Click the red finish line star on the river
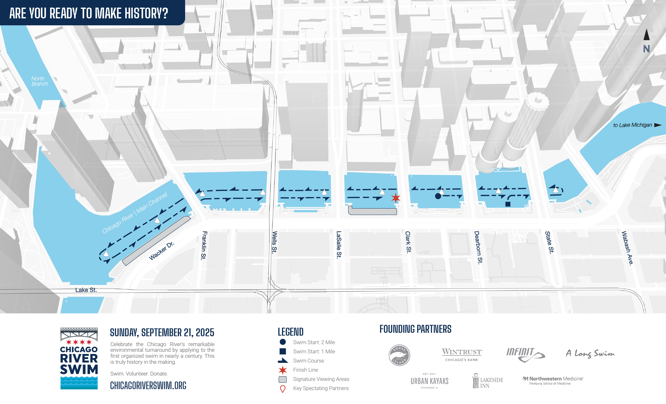[x=395, y=198]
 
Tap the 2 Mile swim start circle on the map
[x=438, y=196]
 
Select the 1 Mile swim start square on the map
[x=508, y=204]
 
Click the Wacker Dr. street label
[x=161, y=251]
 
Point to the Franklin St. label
[x=204, y=245]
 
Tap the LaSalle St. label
[x=339, y=244]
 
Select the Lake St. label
[x=86, y=290]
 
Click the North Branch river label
[x=40, y=81]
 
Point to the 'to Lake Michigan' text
[x=632, y=125]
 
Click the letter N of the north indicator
[x=646, y=49]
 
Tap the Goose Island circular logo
[x=399, y=355]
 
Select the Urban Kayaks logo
[x=430, y=381]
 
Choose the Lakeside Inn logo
[x=488, y=381]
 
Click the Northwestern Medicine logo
[x=553, y=380]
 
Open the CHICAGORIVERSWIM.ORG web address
[x=148, y=386]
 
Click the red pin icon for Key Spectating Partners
[x=283, y=389]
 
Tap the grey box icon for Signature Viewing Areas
[x=282, y=379]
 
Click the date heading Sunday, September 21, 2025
[x=162, y=332]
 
